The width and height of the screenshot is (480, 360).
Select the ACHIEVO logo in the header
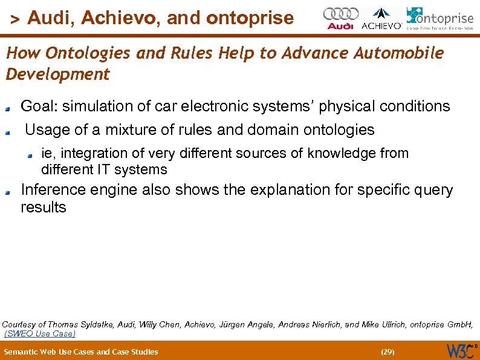(x=381, y=19)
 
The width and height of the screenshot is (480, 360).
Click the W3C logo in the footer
(x=461, y=351)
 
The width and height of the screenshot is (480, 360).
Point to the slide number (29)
(x=387, y=352)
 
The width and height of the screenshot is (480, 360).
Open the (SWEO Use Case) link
(x=40, y=333)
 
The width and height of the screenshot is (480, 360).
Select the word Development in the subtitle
(x=58, y=74)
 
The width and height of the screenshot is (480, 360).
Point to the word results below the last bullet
(x=44, y=208)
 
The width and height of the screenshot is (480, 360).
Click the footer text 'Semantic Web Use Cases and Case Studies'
(x=81, y=352)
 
